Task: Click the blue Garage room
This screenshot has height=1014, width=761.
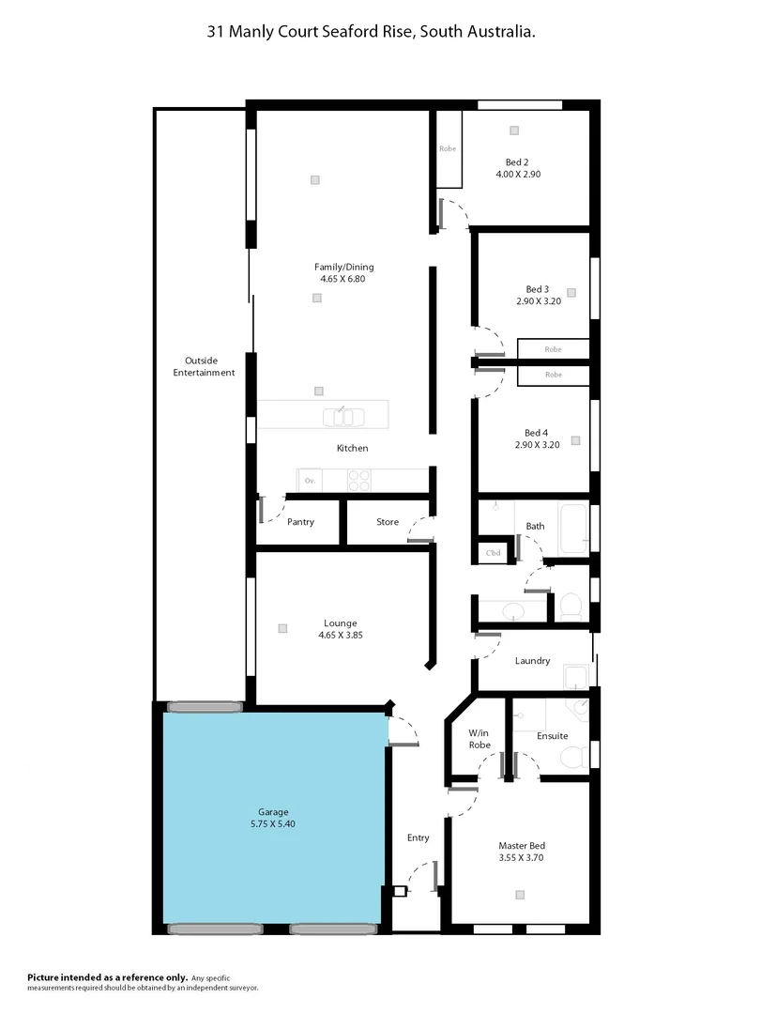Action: (x=273, y=817)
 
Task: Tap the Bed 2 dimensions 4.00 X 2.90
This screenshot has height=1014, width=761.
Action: (x=518, y=174)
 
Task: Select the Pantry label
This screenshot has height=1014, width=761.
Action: (x=300, y=522)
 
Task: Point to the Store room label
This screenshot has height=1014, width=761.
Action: (x=388, y=522)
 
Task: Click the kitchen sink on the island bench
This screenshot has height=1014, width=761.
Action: (x=340, y=415)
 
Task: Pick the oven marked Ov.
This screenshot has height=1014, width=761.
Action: (x=310, y=480)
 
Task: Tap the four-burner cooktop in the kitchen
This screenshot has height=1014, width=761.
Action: (x=359, y=480)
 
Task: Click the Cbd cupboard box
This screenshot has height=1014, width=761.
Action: (x=493, y=553)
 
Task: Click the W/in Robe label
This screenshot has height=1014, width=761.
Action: (x=479, y=738)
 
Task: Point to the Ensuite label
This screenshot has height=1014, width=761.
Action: (x=552, y=736)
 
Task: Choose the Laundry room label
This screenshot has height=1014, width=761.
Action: (x=532, y=661)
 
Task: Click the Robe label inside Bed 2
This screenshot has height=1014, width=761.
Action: (x=448, y=148)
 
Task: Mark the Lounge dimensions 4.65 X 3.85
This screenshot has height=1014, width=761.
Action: (x=341, y=636)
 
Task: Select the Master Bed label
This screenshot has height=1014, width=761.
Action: (x=521, y=845)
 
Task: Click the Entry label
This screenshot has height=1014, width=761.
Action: (x=418, y=837)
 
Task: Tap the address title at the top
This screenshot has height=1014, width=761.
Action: (x=372, y=31)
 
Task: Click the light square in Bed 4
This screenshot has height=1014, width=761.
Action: (x=575, y=440)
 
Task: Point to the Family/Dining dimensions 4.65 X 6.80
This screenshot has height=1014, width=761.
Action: (x=347, y=279)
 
